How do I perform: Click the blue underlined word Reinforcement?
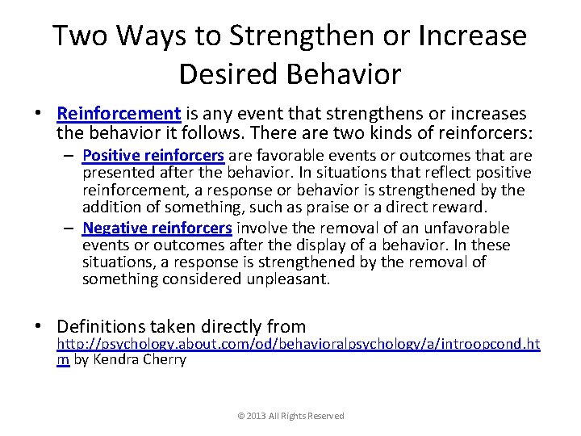click(119, 114)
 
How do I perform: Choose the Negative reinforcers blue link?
click(157, 228)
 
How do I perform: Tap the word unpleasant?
click(286, 279)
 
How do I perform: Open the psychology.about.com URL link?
click(298, 345)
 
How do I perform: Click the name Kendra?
click(117, 360)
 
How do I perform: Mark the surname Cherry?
click(164, 360)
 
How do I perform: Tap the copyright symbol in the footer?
click(240, 416)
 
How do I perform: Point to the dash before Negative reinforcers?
click(70, 228)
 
